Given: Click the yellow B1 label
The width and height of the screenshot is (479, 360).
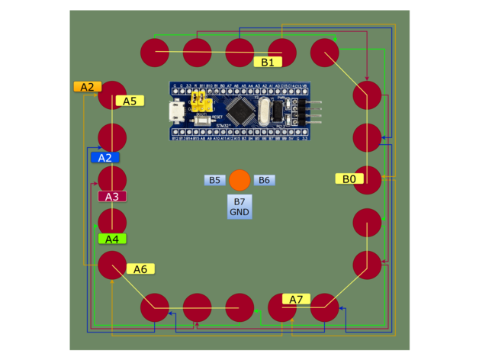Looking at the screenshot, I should coord(268,62).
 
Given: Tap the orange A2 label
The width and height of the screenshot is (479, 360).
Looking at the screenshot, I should coord(86,87).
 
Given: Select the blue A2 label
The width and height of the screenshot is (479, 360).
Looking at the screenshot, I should coord(105,158).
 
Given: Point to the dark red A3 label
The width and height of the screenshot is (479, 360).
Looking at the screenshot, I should coord(112,197).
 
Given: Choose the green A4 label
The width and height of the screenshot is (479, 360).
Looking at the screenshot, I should coord(112,239).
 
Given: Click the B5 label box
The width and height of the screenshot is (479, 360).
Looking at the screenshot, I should coord(215,181).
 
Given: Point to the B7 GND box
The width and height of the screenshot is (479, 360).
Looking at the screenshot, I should coord(239,206).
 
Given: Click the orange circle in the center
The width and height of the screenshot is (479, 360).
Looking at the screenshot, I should coord(239,180).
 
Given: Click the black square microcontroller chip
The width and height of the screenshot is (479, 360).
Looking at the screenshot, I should coord(242,111).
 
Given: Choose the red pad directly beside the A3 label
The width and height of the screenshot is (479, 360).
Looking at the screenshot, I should coord(112,180).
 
